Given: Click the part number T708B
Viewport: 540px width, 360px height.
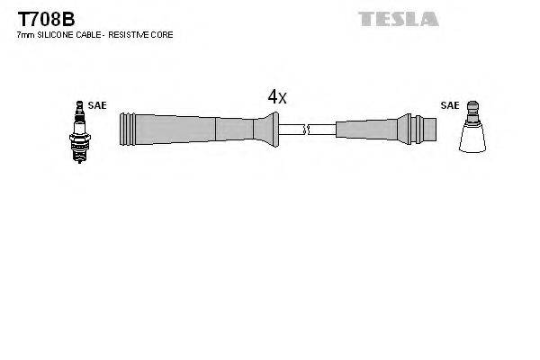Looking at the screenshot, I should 34,19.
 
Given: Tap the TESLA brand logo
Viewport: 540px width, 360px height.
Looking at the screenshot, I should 399,18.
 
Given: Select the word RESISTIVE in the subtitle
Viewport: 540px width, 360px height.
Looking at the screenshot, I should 131,34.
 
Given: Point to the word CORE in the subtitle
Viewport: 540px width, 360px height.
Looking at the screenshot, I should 163,34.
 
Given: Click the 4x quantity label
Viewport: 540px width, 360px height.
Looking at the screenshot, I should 276,97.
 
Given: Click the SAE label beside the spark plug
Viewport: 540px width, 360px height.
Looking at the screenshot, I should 97,105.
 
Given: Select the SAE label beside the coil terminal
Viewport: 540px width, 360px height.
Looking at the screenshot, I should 449,105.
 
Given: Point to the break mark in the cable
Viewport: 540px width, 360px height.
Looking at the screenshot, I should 307,130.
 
